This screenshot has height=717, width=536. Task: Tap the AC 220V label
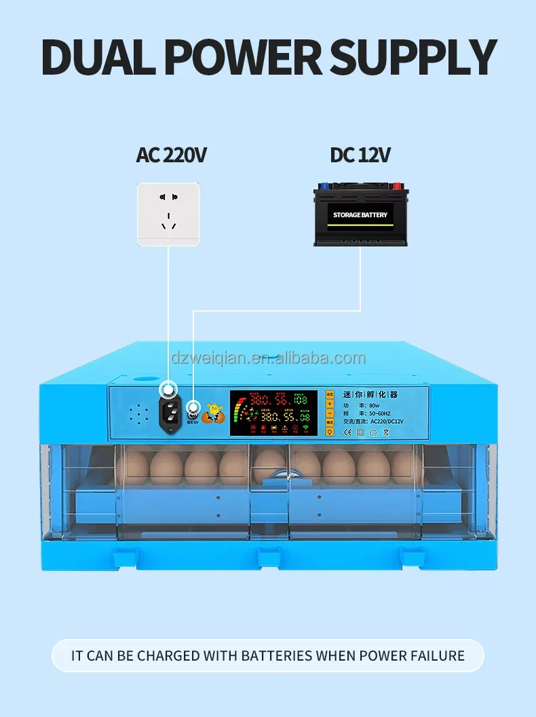point(171,155)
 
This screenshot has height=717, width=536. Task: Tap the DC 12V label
point(360,155)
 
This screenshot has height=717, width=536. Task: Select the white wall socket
point(168,214)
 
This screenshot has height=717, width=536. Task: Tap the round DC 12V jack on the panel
point(192,408)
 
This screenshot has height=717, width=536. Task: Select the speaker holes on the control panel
point(138,414)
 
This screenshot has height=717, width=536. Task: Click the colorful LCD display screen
point(272,412)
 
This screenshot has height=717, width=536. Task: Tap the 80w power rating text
point(375,404)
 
